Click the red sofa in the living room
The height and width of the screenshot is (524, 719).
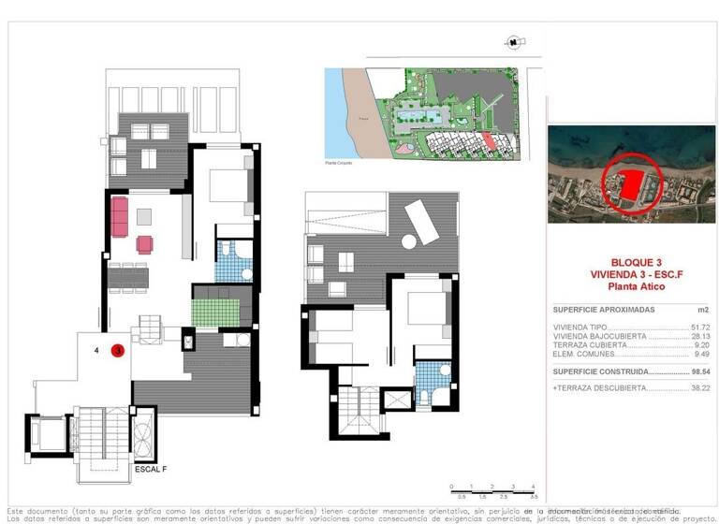click(120, 216)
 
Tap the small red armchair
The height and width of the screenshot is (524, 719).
click(144, 245)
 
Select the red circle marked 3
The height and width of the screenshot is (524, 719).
click(118, 351)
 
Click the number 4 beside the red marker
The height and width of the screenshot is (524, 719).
click(97, 351)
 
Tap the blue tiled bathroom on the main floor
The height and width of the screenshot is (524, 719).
click(228, 261)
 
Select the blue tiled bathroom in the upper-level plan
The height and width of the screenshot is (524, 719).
click(433, 378)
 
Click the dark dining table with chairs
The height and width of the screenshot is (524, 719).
click(128, 277)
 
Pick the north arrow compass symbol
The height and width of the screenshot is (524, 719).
click(513, 40)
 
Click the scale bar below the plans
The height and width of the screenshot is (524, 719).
click(492, 489)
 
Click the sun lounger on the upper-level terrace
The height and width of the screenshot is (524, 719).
click(419, 221)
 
